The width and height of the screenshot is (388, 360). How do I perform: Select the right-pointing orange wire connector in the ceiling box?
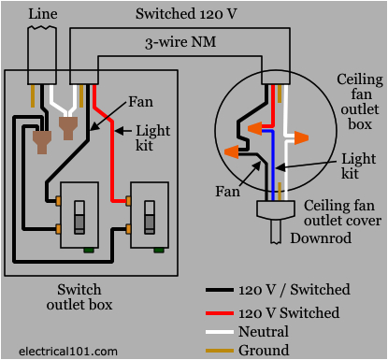[x=298, y=137]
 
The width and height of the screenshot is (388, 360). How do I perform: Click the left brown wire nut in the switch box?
[x=42, y=140]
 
